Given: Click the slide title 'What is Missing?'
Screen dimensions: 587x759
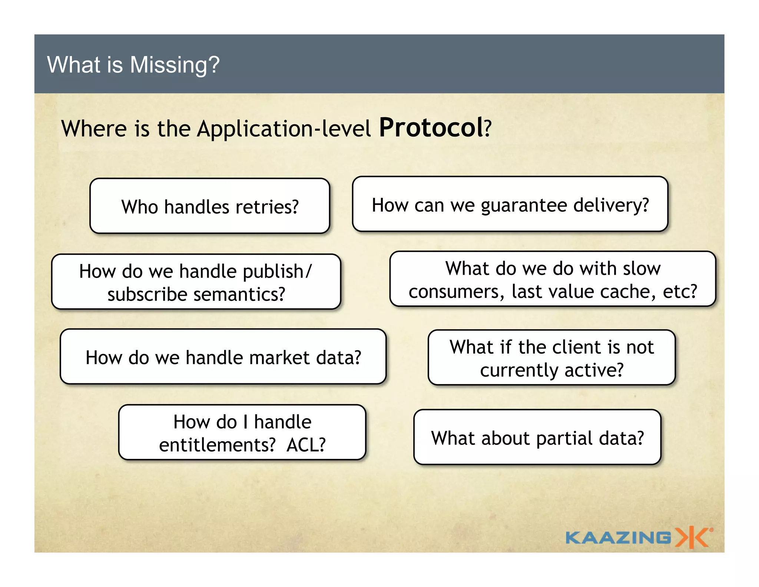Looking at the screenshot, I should [x=133, y=65].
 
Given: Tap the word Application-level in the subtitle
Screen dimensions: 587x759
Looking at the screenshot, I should [x=284, y=129].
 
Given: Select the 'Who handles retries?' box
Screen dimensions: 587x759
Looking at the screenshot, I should [x=210, y=206].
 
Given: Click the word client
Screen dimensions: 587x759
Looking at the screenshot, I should [x=576, y=347].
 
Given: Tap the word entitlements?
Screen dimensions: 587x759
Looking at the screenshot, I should [x=217, y=445].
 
